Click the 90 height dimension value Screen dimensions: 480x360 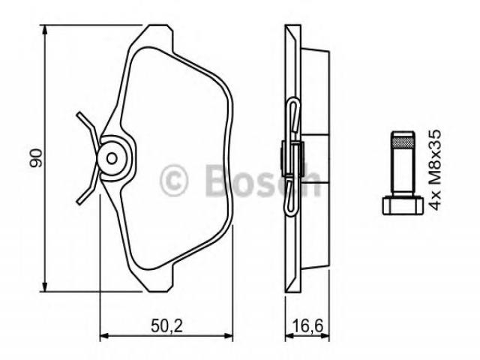[x=36, y=158]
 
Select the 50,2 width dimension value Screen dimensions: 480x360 [x=166, y=325]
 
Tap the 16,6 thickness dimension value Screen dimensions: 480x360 [x=307, y=325]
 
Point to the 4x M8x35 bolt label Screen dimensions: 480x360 [x=435, y=169]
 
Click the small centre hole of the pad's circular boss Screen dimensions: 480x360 [x=112, y=158]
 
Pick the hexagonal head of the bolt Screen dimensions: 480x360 [x=403, y=205]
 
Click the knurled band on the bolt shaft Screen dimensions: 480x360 [x=403, y=142]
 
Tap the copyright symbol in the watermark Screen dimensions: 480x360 [x=173, y=180]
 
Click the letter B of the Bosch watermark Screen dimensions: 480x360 [x=217, y=181]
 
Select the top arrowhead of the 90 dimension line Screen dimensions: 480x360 [x=45, y=31]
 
